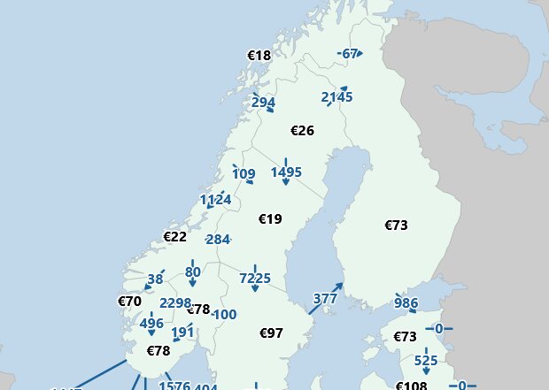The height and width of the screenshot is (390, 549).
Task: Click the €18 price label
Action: click(259, 56)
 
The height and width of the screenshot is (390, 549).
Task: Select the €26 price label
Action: click(302, 131)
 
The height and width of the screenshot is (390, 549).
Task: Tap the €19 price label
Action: click(269, 218)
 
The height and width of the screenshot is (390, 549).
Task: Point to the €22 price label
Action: click(174, 236)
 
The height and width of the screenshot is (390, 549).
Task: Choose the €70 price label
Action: click(129, 301)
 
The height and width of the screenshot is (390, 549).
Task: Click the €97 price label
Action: click(271, 333)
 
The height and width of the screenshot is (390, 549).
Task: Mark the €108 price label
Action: click(411, 386)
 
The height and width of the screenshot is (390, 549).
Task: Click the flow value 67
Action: click(350, 54)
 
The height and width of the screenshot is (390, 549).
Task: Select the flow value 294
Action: click(263, 103)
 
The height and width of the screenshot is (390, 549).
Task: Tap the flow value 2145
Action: click(336, 96)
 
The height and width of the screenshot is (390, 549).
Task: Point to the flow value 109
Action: click(244, 173)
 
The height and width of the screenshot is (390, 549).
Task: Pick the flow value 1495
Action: click(286, 172)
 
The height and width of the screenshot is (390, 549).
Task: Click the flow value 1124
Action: click(215, 200)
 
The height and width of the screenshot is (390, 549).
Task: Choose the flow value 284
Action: click(217, 240)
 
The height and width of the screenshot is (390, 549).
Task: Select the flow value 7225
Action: click(255, 279)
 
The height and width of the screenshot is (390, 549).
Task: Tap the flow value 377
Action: click(325, 299)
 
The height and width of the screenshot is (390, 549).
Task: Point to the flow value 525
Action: click(426, 360)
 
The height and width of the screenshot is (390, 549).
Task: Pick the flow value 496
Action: click(151, 324)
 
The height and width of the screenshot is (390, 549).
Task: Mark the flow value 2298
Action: click(175, 303)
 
